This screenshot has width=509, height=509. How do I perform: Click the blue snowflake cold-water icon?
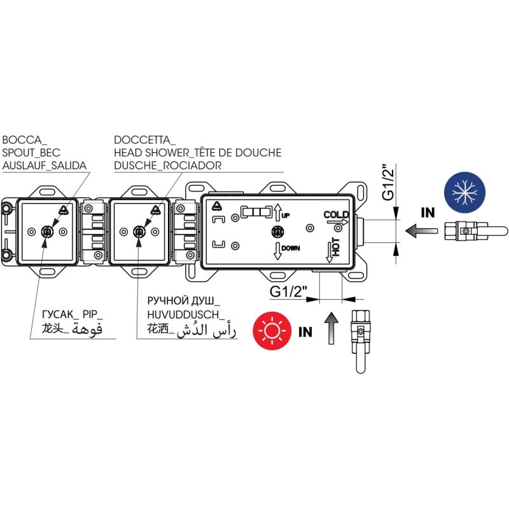click(464, 192)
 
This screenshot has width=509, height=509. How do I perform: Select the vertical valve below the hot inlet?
click(359, 340)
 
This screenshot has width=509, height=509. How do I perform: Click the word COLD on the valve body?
click(336, 214)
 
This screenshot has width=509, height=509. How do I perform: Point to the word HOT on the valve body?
click(336, 248)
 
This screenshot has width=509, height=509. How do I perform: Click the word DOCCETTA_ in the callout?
click(145, 140)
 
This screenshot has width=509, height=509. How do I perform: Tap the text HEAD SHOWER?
click(155, 153)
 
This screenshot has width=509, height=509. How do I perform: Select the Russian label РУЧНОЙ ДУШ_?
click(183, 300)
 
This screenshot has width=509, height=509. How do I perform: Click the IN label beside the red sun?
click(305, 331)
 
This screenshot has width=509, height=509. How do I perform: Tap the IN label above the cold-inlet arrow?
click(428, 213)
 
